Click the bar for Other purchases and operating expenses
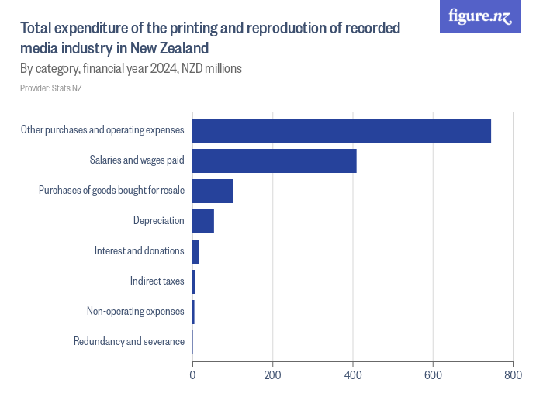[341, 130]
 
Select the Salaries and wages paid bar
[275, 160]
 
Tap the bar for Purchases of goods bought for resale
[213, 191]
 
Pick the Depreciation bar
[203, 221]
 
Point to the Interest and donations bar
[195, 251]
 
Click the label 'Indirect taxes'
[157, 281]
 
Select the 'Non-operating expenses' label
[135, 312]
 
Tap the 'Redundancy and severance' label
[129, 342]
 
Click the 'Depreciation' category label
[158, 221]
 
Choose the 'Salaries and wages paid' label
[137, 160]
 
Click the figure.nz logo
[480, 16]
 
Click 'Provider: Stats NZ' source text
[51, 88]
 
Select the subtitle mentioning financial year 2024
[131, 68]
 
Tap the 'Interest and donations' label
[139, 251]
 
